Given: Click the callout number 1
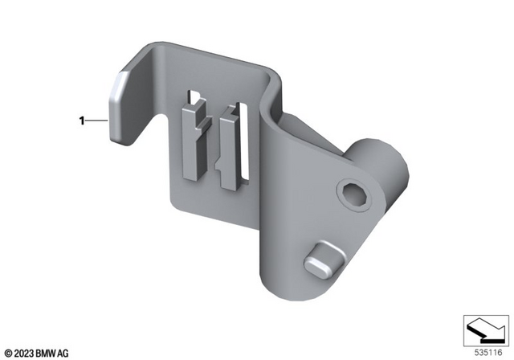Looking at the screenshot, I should click(x=81, y=121).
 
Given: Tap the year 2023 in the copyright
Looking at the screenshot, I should click(x=21, y=352).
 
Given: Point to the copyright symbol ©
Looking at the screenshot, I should click(x=6, y=352).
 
